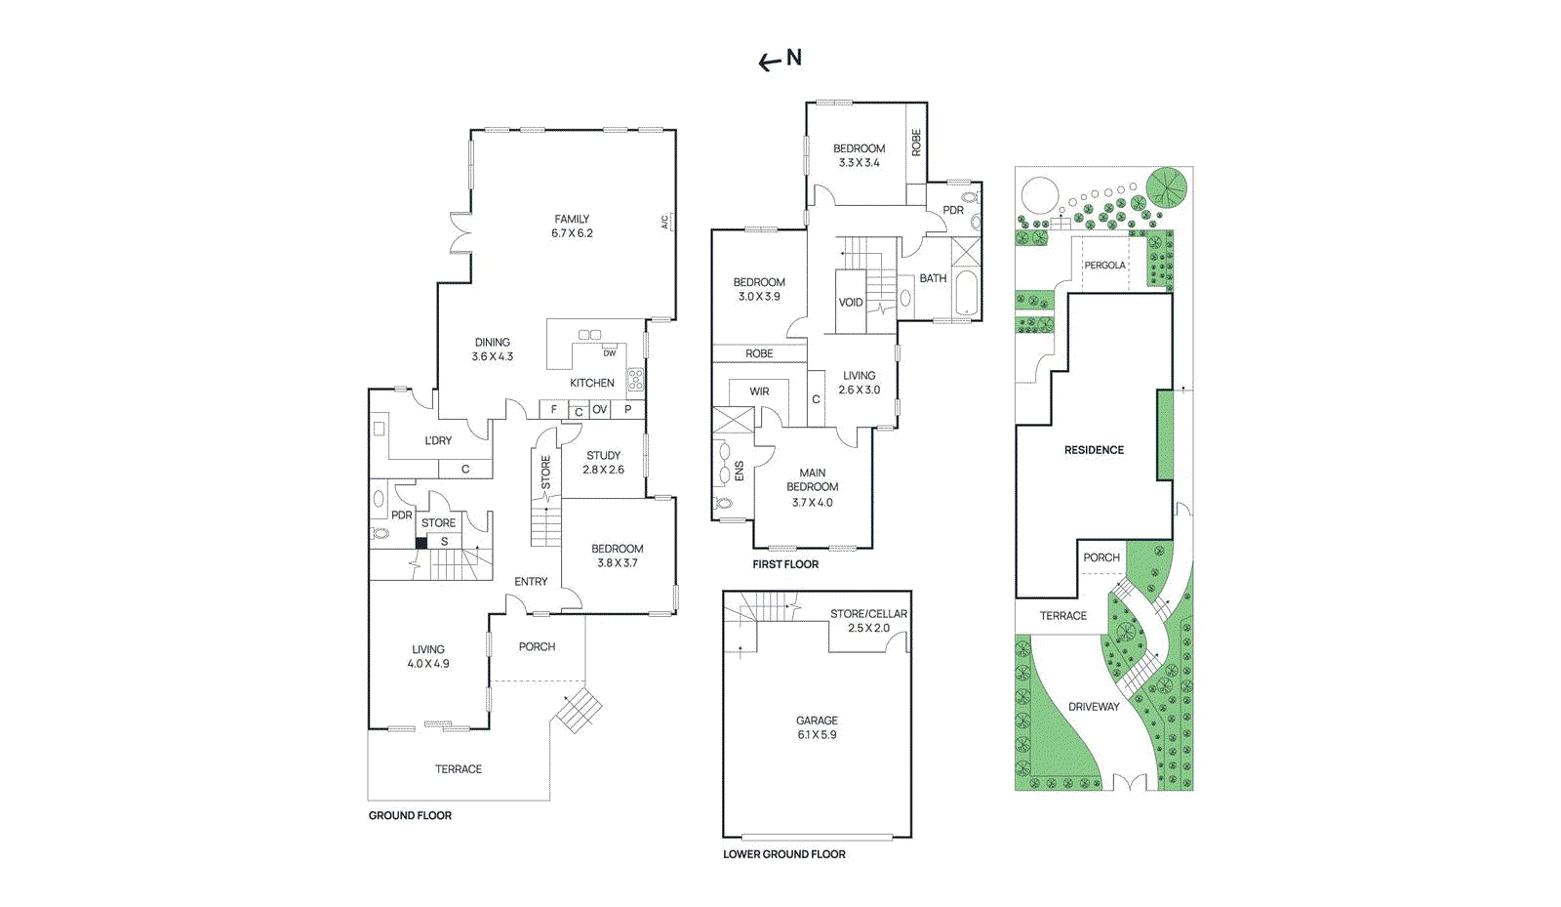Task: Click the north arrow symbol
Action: [x=770, y=62]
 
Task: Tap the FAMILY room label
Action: [x=572, y=219]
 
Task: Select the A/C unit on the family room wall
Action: [x=666, y=223]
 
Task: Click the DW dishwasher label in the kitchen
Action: [x=610, y=352]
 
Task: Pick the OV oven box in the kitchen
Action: [x=599, y=410]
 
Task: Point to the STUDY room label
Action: [x=603, y=455]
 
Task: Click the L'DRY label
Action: [x=438, y=440]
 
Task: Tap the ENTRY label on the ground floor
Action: [x=531, y=582]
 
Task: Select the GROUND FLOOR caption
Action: [x=410, y=816]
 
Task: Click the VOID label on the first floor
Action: [x=851, y=303]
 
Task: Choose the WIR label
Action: [x=759, y=392]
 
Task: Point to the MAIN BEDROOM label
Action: [x=813, y=479]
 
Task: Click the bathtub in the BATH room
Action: [x=966, y=293]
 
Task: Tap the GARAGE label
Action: [x=817, y=721]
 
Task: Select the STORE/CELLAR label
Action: [x=868, y=614]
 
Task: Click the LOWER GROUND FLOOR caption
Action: [x=784, y=854]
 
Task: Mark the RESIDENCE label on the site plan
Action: [x=1094, y=450]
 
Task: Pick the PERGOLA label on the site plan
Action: [x=1104, y=266]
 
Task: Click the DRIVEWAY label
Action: [x=1094, y=707]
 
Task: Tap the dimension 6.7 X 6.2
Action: [x=572, y=233]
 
